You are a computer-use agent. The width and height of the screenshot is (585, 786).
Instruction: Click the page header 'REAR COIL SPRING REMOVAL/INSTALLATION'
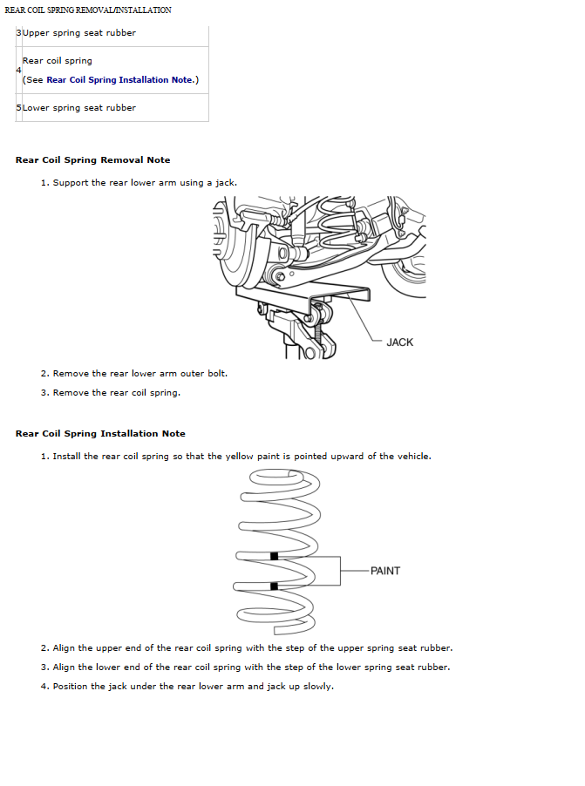coord(88,10)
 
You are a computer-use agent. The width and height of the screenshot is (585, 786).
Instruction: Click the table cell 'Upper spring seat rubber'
coord(79,33)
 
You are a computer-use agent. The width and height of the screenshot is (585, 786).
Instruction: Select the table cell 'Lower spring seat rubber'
coord(79,108)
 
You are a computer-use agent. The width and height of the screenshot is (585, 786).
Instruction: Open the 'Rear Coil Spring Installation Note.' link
coord(120,80)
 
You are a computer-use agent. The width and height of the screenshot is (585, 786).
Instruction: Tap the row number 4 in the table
coord(18,70)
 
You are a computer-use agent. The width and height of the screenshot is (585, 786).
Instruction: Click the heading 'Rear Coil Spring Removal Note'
coord(93,160)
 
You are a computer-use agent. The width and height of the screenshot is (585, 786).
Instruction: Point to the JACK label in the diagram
coord(399,342)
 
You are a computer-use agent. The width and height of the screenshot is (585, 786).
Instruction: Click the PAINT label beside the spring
coord(385,571)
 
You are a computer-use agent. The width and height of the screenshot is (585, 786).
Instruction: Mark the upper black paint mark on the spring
coord(275,556)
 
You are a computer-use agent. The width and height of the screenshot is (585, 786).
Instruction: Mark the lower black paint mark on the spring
coord(275,586)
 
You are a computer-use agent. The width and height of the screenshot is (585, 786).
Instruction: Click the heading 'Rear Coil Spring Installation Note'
coord(100,434)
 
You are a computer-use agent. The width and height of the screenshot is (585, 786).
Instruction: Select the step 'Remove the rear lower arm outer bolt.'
coord(140,374)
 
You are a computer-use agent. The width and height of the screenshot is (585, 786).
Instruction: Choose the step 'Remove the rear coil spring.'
coord(117,393)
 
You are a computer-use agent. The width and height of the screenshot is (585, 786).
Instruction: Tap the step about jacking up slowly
coord(193,687)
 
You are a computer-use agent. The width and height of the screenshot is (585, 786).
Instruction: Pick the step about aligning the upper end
coord(253,648)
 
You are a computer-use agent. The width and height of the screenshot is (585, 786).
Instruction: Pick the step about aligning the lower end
coord(251,667)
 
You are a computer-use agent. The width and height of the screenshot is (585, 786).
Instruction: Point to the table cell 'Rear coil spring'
coord(58,61)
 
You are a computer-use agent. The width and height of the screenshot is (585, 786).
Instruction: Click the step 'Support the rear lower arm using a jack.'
coord(145,183)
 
